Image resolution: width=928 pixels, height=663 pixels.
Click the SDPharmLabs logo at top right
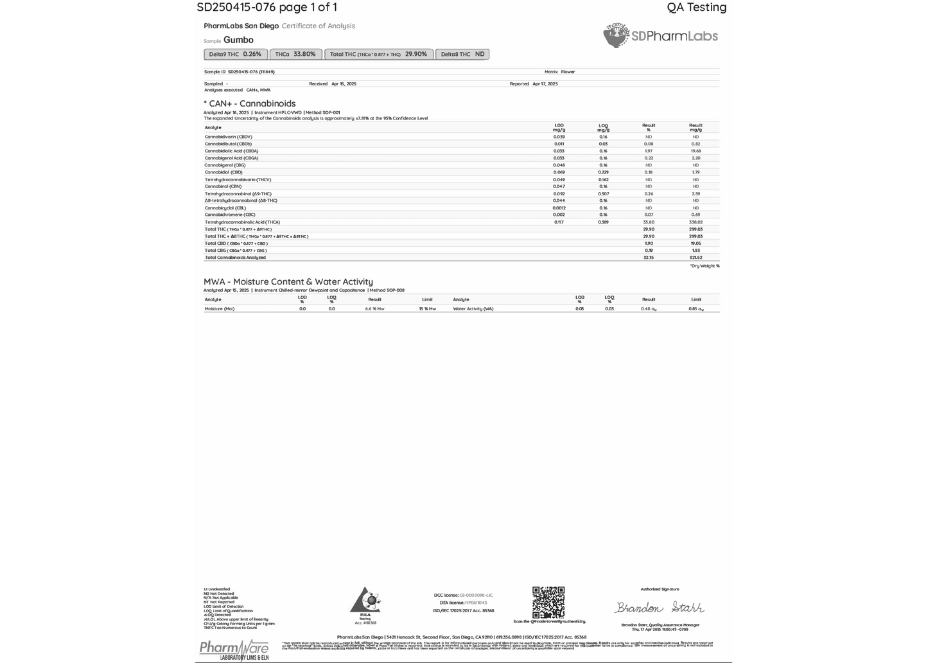pyautogui.click(x=661, y=36)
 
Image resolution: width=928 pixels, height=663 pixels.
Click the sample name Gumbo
pyautogui.click(x=238, y=40)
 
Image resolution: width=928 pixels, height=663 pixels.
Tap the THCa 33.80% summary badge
pyautogui.click(x=295, y=55)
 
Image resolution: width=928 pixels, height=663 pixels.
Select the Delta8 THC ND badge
pyautogui.click(x=462, y=55)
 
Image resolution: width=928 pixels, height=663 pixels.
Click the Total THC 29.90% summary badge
pyautogui.click(x=378, y=55)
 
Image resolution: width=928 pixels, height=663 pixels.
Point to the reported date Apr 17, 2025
pyautogui.click(x=545, y=84)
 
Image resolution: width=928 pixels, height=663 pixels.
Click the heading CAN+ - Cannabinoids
pyautogui.click(x=250, y=103)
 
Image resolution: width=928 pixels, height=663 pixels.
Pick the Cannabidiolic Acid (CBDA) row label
pyautogui.click(x=231, y=151)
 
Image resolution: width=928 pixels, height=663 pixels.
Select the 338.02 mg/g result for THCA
pyautogui.click(x=696, y=222)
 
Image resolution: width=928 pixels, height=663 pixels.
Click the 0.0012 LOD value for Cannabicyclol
pyautogui.click(x=559, y=208)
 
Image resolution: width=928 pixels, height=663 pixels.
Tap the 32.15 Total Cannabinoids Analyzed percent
pyautogui.click(x=649, y=258)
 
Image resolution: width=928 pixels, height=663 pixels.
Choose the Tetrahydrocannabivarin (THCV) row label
pyautogui.click(x=234, y=180)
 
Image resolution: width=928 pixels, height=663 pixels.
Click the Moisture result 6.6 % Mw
pyautogui.click(x=374, y=309)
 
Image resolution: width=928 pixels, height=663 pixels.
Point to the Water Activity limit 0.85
pyautogui.click(x=696, y=309)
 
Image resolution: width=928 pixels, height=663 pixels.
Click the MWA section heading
pyautogui.click(x=288, y=281)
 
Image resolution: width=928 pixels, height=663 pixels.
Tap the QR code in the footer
pyautogui.click(x=548, y=602)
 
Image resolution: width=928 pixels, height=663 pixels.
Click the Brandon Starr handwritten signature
pyautogui.click(x=660, y=607)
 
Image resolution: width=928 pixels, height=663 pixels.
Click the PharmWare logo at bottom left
pyautogui.click(x=234, y=649)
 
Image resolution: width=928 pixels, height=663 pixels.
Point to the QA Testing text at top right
pyautogui.click(x=697, y=8)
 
